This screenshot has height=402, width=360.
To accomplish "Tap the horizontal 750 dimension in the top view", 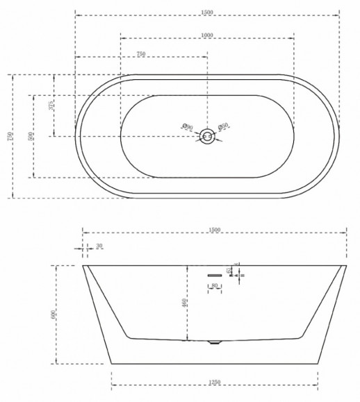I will click(x=140, y=53).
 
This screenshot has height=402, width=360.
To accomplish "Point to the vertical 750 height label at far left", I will click(x=10, y=136).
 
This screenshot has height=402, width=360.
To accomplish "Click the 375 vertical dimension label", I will click(x=52, y=105).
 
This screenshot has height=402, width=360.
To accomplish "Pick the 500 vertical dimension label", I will click(x=31, y=136).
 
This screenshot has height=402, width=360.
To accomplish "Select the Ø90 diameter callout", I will click(x=187, y=127).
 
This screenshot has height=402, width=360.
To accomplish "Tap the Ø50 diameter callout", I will click(x=224, y=126).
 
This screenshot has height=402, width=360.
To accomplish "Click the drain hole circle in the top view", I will click(x=206, y=136).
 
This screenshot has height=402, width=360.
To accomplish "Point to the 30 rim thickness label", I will click(x=99, y=246).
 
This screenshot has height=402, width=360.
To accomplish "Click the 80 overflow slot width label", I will click(x=215, y=285).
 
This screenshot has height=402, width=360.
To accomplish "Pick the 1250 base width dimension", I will click(x=215, y=383).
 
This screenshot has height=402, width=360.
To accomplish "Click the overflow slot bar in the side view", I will click(x=214, y=275).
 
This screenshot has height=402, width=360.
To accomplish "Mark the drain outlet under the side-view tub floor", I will click(x=214, y=342).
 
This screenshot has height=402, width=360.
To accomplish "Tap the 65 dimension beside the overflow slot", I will click(x=229, y=271).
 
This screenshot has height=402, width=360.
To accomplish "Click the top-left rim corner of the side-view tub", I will click(x=83, y=266).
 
